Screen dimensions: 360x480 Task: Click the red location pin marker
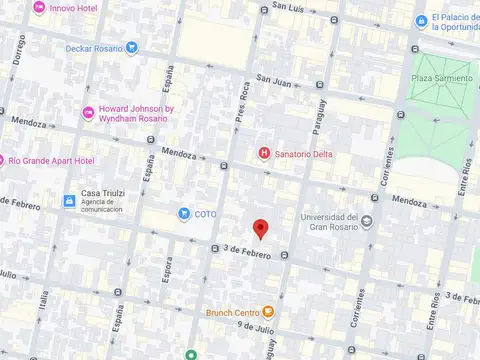coord(260,229)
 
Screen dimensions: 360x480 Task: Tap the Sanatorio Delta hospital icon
coord(264,153)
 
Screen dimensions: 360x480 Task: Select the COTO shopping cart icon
coord(184,213)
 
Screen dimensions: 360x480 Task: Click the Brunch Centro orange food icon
coord(268,311)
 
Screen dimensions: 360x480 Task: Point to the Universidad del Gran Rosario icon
coord(367,222)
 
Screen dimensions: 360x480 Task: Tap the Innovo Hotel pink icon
coord(38,8)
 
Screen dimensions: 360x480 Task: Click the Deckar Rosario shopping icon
coord(132,47)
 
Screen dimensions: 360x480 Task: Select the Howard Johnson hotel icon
coord(89,113)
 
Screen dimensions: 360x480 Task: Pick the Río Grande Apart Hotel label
coord(50,160)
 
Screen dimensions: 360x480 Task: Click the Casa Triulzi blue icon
coord(69,201)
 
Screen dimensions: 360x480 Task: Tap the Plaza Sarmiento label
coord(444,77)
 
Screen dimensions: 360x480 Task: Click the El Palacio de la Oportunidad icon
coord(422,21)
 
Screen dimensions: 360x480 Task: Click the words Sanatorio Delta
coord(305,154)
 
